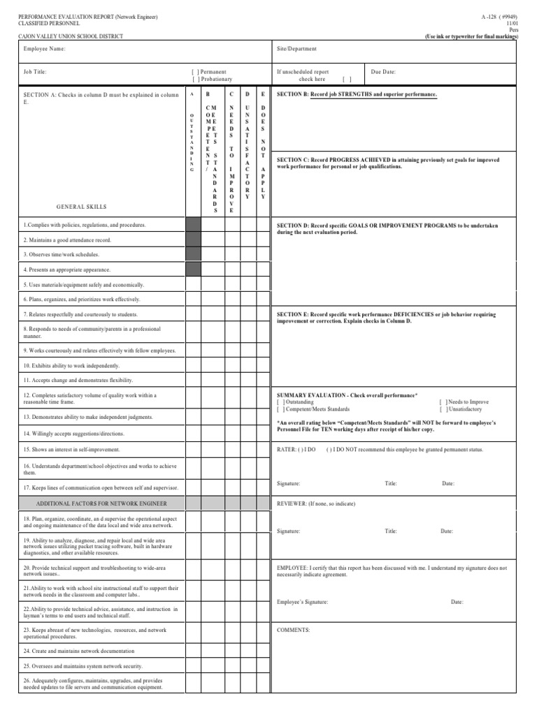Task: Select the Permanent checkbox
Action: (195, 72)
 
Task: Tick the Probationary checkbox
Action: (195, 80)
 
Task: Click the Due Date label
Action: (383, 71)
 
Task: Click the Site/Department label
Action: (297, 49)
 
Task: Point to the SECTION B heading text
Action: (357, 94)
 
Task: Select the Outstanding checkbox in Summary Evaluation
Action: (280, 402)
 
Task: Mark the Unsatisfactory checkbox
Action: (443, 409)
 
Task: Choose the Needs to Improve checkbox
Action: (443, 402)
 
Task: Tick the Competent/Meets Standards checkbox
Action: (280, 409)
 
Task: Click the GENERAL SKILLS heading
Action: (82, 207)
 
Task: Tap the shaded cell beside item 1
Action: (193, 225)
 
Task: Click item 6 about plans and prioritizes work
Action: (82, 300)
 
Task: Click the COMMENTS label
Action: (293, 629)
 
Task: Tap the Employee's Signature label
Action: (302, 601)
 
